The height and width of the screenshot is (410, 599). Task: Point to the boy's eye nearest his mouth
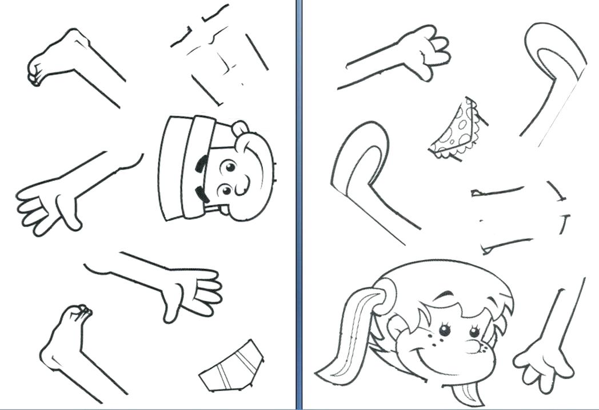226,190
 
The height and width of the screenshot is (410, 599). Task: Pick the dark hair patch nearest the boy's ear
202,165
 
